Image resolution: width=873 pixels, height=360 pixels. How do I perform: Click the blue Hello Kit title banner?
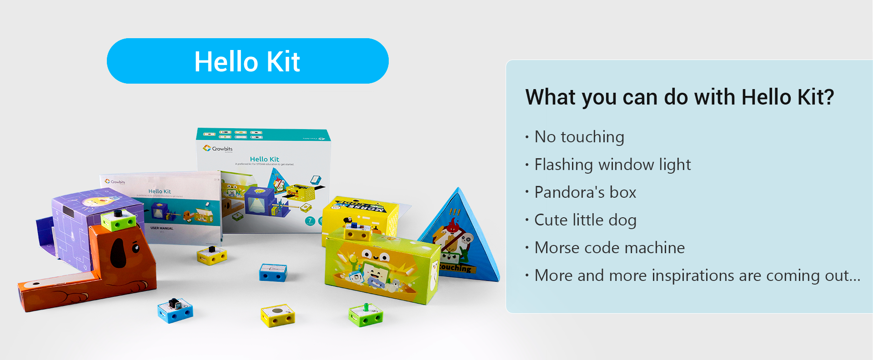click(x=247, y=61)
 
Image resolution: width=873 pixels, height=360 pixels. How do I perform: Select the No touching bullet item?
click(x=579, y=137)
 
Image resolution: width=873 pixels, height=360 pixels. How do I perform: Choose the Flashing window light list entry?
click(x=612, y=165)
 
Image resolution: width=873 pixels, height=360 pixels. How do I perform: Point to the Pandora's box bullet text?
click(x=585, y=192)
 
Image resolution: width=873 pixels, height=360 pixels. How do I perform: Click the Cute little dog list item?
click(x=585, y=220)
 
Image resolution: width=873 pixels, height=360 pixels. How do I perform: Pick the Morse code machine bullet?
click(x=609, y=248)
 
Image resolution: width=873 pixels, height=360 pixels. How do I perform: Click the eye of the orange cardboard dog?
click(x=135, y=248)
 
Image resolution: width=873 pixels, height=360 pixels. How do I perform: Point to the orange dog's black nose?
click(x=118, y=253)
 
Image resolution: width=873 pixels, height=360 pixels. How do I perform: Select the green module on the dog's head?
click(x=118, y=220)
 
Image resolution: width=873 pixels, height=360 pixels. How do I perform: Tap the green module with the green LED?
click(x=366, y=315)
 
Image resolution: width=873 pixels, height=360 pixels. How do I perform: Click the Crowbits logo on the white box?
click(x=217, y=149)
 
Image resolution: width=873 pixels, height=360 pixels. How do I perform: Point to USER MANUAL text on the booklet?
click(x=161, y=228)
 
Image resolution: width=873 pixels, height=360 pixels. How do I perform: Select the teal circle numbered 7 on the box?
click(x=310, y=221)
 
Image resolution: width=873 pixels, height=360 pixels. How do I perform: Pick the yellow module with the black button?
click(x=212, y=255)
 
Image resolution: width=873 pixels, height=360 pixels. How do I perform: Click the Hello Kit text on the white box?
click(x=264, y=159)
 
